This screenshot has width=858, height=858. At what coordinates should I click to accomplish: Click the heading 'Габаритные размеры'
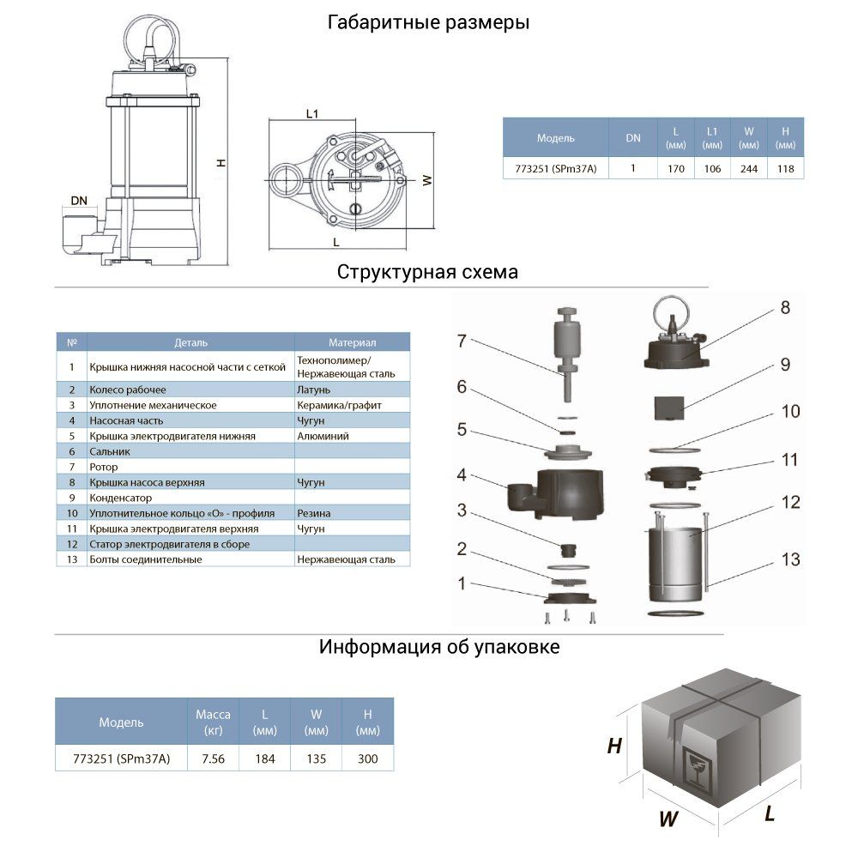428,23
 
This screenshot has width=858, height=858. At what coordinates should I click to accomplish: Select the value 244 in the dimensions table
749,169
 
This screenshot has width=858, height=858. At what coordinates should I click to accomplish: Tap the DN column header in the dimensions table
632,137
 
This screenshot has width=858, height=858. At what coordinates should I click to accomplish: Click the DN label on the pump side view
79,202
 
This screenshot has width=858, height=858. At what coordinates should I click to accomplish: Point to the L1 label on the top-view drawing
312,113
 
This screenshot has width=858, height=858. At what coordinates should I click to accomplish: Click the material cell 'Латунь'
314,390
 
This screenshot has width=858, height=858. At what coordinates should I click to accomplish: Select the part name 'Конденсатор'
121,498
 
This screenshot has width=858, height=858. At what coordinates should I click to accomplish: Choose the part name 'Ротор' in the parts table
104,467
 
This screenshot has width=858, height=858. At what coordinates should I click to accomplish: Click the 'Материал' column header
352,342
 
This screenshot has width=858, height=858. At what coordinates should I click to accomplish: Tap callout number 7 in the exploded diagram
461,341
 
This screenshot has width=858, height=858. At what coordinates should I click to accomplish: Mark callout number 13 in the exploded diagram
790,559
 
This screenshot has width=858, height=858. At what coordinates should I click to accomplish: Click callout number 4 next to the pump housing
461,474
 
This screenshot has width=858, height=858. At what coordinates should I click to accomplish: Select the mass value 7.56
212,758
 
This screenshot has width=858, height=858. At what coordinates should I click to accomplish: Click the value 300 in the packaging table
367,758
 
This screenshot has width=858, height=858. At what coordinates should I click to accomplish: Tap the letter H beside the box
614,746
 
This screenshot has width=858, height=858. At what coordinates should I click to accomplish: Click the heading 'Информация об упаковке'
439,646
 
